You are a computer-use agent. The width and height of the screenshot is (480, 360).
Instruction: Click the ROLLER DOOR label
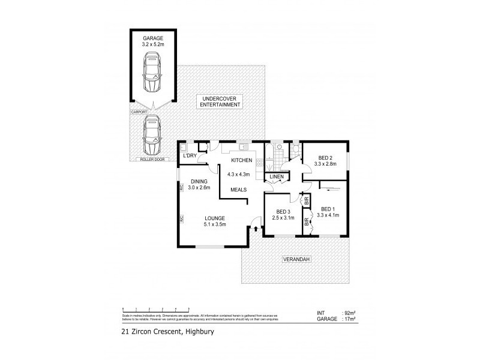point(152,159)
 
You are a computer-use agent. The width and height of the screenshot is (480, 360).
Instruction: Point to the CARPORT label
point(139,112)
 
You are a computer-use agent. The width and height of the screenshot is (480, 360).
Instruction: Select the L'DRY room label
point(190,157)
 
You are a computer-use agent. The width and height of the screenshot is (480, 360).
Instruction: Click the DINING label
point(199,181)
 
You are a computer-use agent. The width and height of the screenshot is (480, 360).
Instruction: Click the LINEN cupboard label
point(276,177)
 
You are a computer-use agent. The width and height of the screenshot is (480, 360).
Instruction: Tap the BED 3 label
point(284,211)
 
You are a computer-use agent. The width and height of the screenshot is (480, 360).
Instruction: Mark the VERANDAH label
point(294,260)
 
